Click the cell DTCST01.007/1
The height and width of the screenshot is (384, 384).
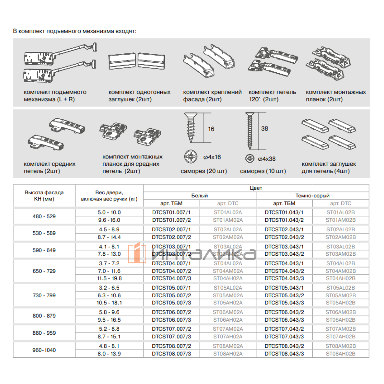pos(171,212)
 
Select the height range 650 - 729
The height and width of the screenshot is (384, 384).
pos(44,271)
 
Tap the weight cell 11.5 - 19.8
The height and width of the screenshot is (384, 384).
pos(109,278)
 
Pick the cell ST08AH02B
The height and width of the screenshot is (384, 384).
pos(340,354)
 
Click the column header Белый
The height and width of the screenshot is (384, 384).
pos(200,196)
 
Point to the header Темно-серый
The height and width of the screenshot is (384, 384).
pos(312,196)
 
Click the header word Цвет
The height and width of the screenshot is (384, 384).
pos(256,188)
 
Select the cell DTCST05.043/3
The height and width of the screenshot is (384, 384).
pos(284,303)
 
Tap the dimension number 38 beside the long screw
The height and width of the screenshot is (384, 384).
pos(265,129)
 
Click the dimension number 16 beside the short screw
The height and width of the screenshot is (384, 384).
pos(211,129)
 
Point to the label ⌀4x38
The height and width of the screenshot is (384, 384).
pos(267,159)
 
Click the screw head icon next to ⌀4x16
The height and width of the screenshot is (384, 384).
pos(191,157)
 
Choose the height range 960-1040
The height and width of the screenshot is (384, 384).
pos(44,350)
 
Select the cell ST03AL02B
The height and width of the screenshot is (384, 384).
pos(340,247)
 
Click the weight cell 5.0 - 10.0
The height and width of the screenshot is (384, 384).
pos(109,212)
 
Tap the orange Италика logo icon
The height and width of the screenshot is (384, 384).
pos(137,253)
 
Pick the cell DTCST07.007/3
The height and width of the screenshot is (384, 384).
pos(171,337)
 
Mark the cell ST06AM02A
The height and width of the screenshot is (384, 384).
pos(228,312)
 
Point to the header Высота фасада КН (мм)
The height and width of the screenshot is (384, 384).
pos(44,196)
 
